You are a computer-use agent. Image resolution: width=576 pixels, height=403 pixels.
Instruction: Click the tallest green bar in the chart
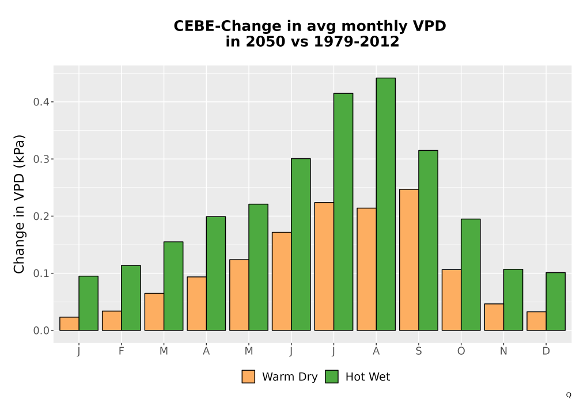(x=386, y=204)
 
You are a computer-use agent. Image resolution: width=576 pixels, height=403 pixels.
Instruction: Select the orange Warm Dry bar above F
(x=112, y=321)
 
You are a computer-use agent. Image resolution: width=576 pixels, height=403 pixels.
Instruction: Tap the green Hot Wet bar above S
(x=429, y=241)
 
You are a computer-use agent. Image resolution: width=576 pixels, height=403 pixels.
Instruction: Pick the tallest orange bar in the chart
(x=409, y=260)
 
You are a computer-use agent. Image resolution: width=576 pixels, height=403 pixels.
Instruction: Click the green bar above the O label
(x=471, y=275)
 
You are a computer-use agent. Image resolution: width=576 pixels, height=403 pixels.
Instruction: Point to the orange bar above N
(x=494, y=317)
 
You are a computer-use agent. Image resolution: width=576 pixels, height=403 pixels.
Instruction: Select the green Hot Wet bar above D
(x=556, y=301)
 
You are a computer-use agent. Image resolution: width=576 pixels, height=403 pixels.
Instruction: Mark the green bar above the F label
(x=131, y=298)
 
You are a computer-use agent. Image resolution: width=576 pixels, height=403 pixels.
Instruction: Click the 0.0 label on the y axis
(x=41, y=330)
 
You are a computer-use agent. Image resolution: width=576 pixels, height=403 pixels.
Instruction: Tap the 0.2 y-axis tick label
(x=41, y=216)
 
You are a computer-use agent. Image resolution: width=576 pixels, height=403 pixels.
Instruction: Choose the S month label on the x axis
(x=419, y=351)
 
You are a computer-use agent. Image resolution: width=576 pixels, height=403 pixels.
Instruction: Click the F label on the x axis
(x=121, y=351)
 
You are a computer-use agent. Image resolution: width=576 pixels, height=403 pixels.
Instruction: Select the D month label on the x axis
(x=546, y=351)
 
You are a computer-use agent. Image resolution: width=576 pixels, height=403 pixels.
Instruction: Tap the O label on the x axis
(x=461, y=351)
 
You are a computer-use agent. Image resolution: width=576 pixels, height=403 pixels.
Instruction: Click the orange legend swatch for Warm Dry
(x=248, y=377)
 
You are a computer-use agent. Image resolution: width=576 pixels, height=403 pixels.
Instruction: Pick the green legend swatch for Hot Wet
(x=332, y=377)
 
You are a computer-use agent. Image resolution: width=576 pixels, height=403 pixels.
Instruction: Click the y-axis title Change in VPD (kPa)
(x=19, y=204)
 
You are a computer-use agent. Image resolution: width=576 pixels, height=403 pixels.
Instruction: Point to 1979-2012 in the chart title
(x=357, y=41)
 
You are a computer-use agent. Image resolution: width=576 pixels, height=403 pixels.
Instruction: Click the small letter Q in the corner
(x=569, y=395)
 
